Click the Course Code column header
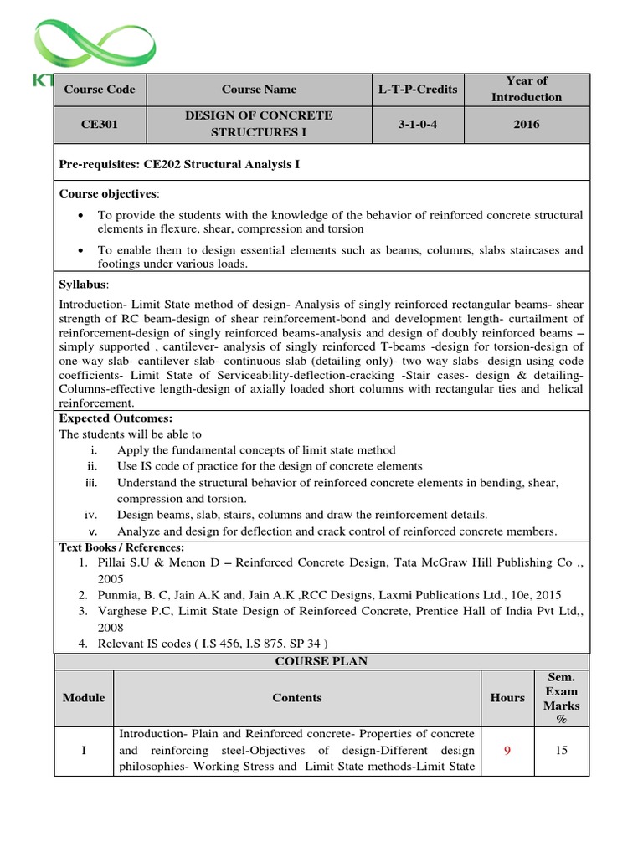99,90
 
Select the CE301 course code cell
99,125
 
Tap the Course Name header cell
259,90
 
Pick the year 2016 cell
527,125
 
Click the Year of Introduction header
527,89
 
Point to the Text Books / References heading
121,547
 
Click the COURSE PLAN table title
321,660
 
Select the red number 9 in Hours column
507,750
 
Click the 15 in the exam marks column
562,750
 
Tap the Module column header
84,697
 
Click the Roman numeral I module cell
84,750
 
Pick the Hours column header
507,697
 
